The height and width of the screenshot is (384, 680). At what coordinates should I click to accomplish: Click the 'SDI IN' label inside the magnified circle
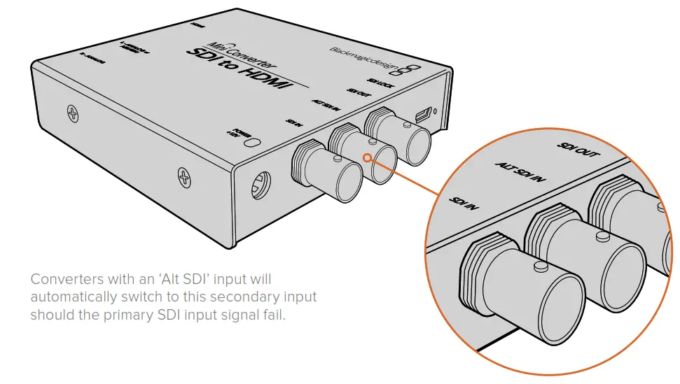(464, 203)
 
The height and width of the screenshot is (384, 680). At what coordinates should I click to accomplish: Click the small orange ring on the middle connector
(368, 158)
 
